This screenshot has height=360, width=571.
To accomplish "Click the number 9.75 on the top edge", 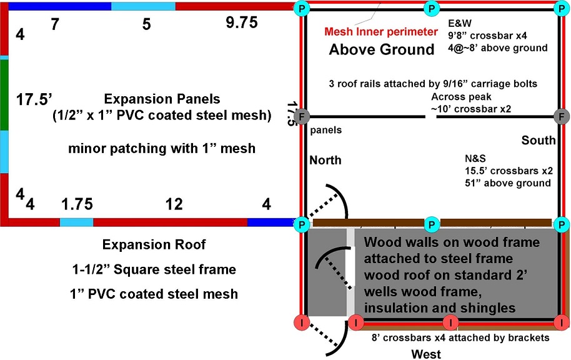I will [x=242, y=23].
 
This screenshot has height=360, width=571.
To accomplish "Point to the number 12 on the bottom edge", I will [x=174, y=204].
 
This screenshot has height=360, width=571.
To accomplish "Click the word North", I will [x=325, y=161].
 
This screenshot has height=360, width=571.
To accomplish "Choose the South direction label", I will [x=539, y=141].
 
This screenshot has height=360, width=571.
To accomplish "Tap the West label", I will [x=426, y=354].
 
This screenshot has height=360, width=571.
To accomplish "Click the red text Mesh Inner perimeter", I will [x=381, y=32].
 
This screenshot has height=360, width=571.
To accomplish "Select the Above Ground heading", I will [x=382, y=50].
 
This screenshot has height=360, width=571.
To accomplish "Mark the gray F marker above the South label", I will [x=562, y=117].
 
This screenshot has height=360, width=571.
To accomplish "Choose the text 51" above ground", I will [x=504, y=183].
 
